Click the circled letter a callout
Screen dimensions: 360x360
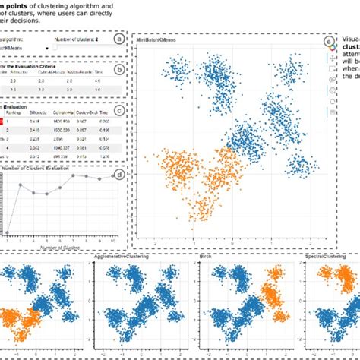point(118,39)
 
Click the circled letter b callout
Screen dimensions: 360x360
point(118,70)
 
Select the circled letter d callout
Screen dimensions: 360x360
point(118,175)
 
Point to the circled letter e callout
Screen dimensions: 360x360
point(328,42)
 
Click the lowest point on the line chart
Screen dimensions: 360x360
point(7,232)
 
